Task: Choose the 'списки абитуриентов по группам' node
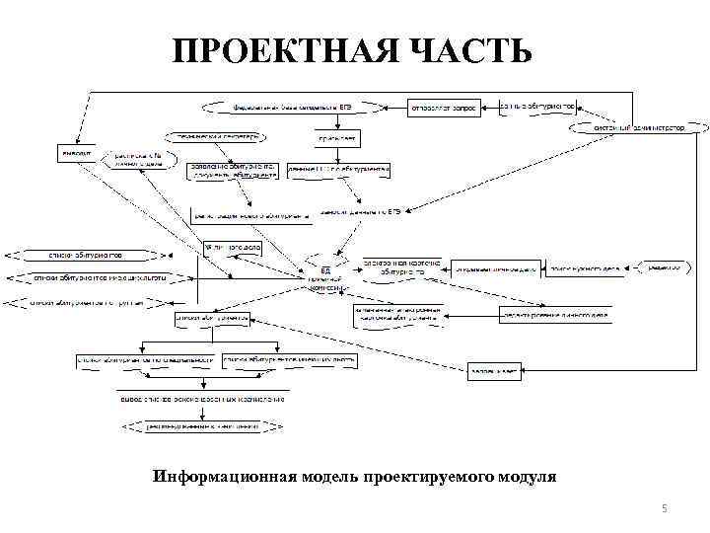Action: point(87,303)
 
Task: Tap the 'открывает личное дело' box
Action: point(495,267)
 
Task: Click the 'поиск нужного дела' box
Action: point(584,267)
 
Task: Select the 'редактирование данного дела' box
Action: point(554,316)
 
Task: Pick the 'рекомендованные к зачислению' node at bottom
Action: point(203,426)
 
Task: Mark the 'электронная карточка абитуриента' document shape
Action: point(393,266)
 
